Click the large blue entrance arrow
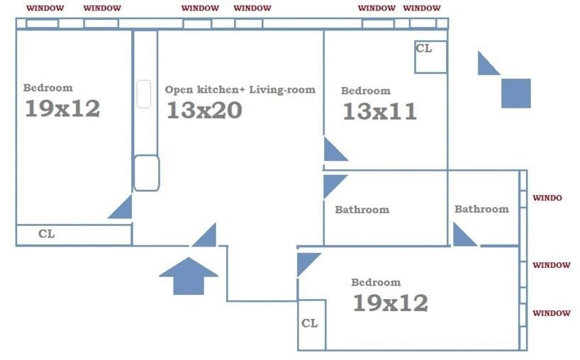(189, 276)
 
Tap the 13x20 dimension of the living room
(204, 110)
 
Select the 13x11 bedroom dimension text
(380, 112)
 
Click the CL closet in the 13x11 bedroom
(430, 57)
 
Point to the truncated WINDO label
(547, 198)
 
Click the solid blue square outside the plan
(516, 93)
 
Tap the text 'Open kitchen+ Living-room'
(240, 90)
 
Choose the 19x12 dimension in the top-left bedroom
(62, 108)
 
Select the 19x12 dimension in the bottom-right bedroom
(391, 303)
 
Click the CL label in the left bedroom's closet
(47, 234)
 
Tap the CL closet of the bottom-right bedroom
(312, 325)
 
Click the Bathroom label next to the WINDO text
(481, 209)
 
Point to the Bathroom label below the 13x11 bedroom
(362, 210)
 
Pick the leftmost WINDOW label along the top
(45, 8)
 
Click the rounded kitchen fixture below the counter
(147, 173)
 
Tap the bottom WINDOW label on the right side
(552, 313)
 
